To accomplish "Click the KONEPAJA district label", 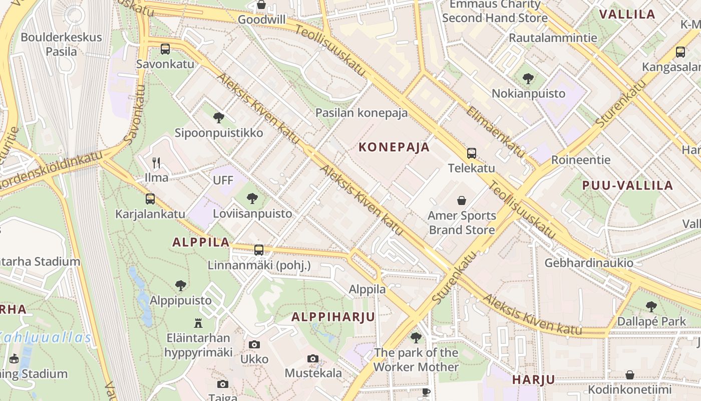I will tap(394, 147).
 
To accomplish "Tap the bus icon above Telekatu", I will tap(471, 153).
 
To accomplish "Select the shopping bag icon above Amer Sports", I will tap(461, 201).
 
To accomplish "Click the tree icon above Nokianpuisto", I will tap(528, 79).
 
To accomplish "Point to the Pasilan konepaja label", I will tap(361, 113).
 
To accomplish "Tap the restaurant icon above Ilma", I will tap(156, 162).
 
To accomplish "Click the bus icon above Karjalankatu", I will tap(150, 199).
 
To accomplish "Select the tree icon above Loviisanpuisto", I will tap(252, 198).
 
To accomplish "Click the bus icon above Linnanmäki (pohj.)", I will tap(259, 250).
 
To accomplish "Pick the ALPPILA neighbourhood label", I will tap(201, 242).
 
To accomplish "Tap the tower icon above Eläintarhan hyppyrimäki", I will tap(198, 323).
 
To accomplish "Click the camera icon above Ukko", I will tap(254, 344).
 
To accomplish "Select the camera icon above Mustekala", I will tap(313, 358).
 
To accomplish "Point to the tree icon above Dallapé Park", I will tap(651, 306).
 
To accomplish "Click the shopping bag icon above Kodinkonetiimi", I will tap(629, 375).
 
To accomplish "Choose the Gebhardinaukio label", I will tap(589, 263).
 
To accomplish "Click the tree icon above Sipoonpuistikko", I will tap(218, 118).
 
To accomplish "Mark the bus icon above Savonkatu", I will tap(165, 49).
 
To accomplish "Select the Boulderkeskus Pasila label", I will tap(61, 44).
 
